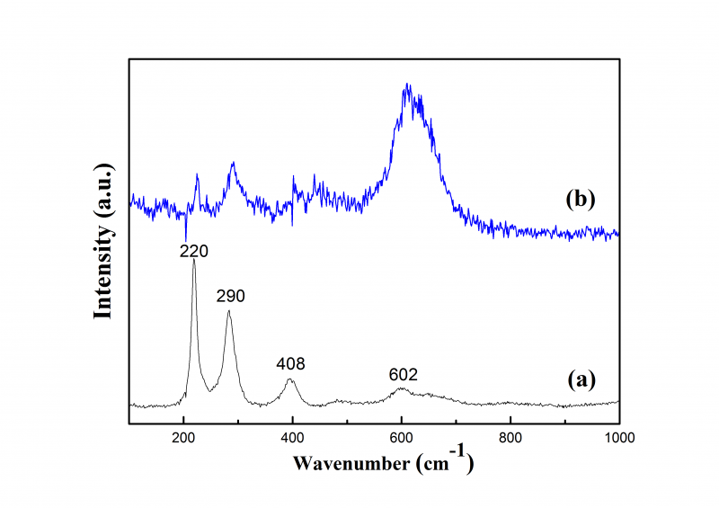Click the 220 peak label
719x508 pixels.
pos(194,252)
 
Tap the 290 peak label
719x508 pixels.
pos(230,295)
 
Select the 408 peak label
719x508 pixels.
pos(291,364)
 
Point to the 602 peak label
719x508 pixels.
pos(404,374)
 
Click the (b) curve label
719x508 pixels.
pos(581,199)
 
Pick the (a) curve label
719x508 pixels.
pos(581,379)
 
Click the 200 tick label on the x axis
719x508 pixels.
pos(183,438)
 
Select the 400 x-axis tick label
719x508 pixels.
pos(292,438)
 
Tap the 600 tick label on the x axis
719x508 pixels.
pos(401,438)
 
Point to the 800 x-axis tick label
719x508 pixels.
pos(510,438)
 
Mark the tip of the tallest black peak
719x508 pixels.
pos(194,261)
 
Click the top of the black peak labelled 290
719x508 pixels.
pos(229,311)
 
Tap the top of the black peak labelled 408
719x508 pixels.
pos(290,379)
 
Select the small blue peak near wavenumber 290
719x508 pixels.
pos(234,164)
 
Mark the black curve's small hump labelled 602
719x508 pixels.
pos(401,388)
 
